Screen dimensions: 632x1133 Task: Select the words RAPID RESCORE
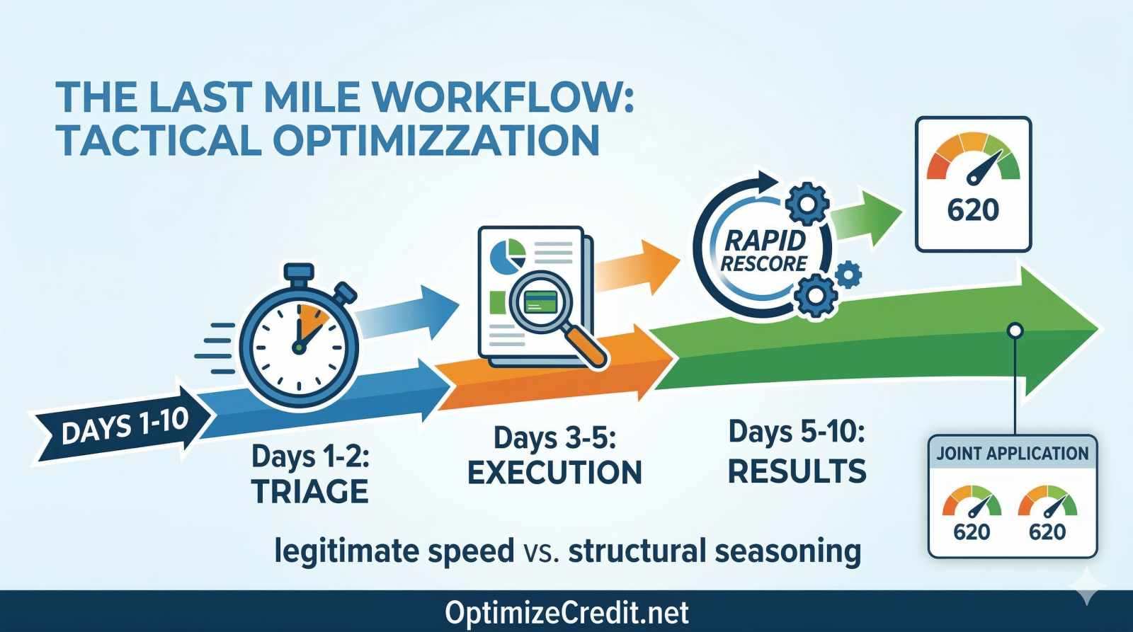(x=764, y=251)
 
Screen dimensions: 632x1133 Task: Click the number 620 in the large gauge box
(x=973, y=209)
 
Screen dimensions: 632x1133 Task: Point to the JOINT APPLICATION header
(x=1012, y=454)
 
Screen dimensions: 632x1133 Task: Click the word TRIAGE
(x=310, y=491)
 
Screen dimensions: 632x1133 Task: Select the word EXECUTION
(x=554, y=473)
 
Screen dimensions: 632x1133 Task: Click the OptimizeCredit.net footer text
(x=566, y=612)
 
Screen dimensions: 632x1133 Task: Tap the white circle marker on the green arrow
(x=1015, y=330)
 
